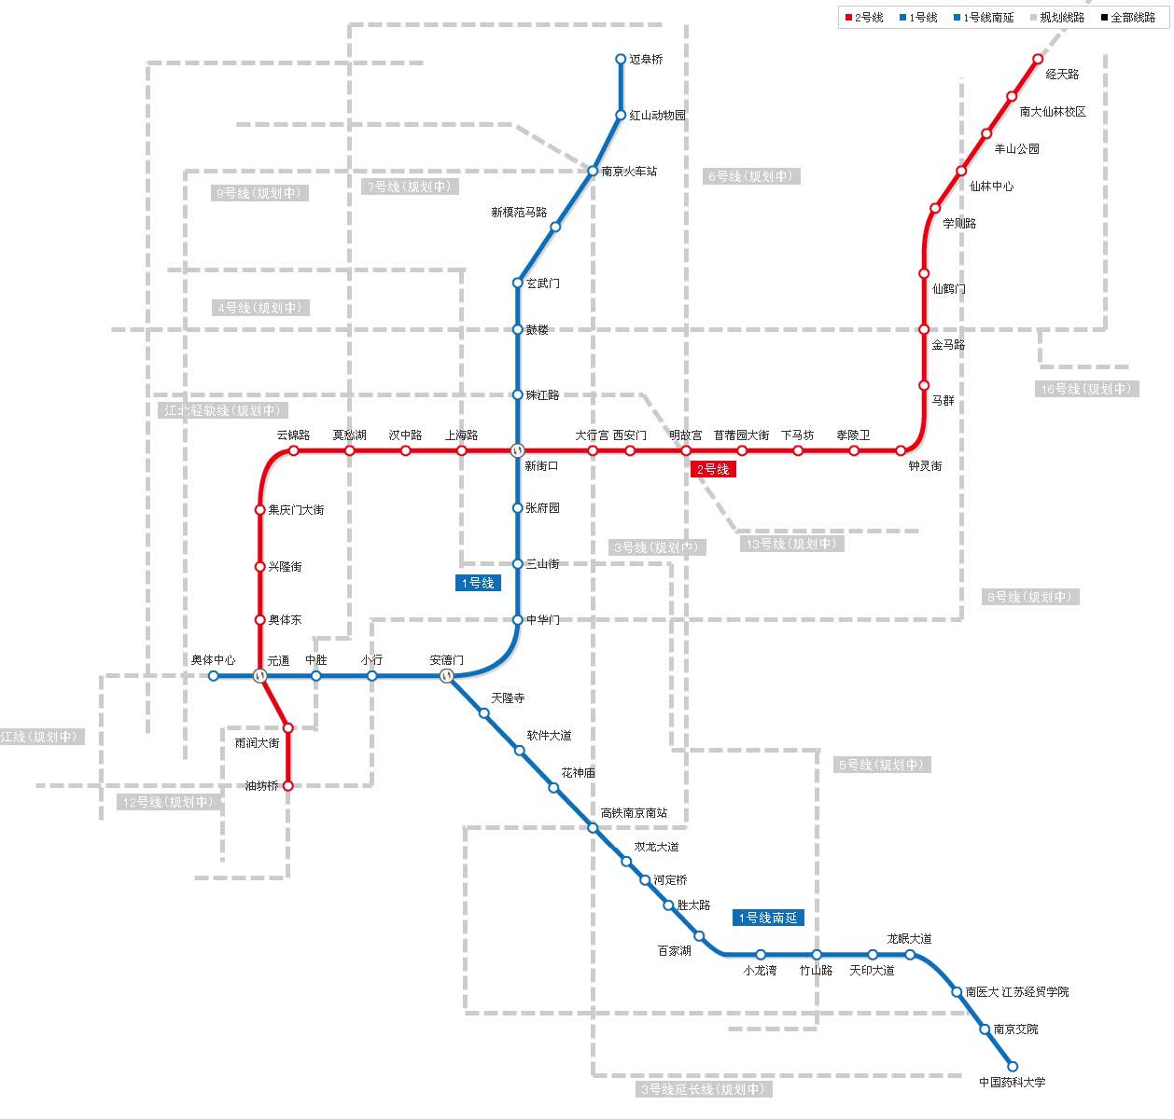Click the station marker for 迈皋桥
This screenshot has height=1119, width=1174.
[621, 60]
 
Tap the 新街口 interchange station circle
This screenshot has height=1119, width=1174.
[518, 450]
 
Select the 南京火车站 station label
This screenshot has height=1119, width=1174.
[629, 172]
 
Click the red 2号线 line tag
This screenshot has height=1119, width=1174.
[713, 469]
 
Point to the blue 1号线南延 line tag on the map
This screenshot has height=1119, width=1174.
[768, 918]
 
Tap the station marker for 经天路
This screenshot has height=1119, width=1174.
[1037, 60]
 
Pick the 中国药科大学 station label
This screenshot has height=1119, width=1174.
[1013, 1083]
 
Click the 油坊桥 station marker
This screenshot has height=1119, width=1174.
[287, 786]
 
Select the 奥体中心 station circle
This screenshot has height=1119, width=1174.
[214, 676]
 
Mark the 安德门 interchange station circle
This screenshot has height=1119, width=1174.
[447, 676]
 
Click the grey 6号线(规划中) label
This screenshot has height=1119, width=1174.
[751, 176]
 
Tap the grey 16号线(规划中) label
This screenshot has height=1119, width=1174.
[1086, 389]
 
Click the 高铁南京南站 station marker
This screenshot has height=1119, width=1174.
[593, 828]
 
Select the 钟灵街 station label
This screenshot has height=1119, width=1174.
[925, 465]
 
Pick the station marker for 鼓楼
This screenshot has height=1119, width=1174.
[518, 329]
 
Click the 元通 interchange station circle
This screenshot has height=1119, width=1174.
[260, 676]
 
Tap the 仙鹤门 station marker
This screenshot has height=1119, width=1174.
[924, 274]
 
